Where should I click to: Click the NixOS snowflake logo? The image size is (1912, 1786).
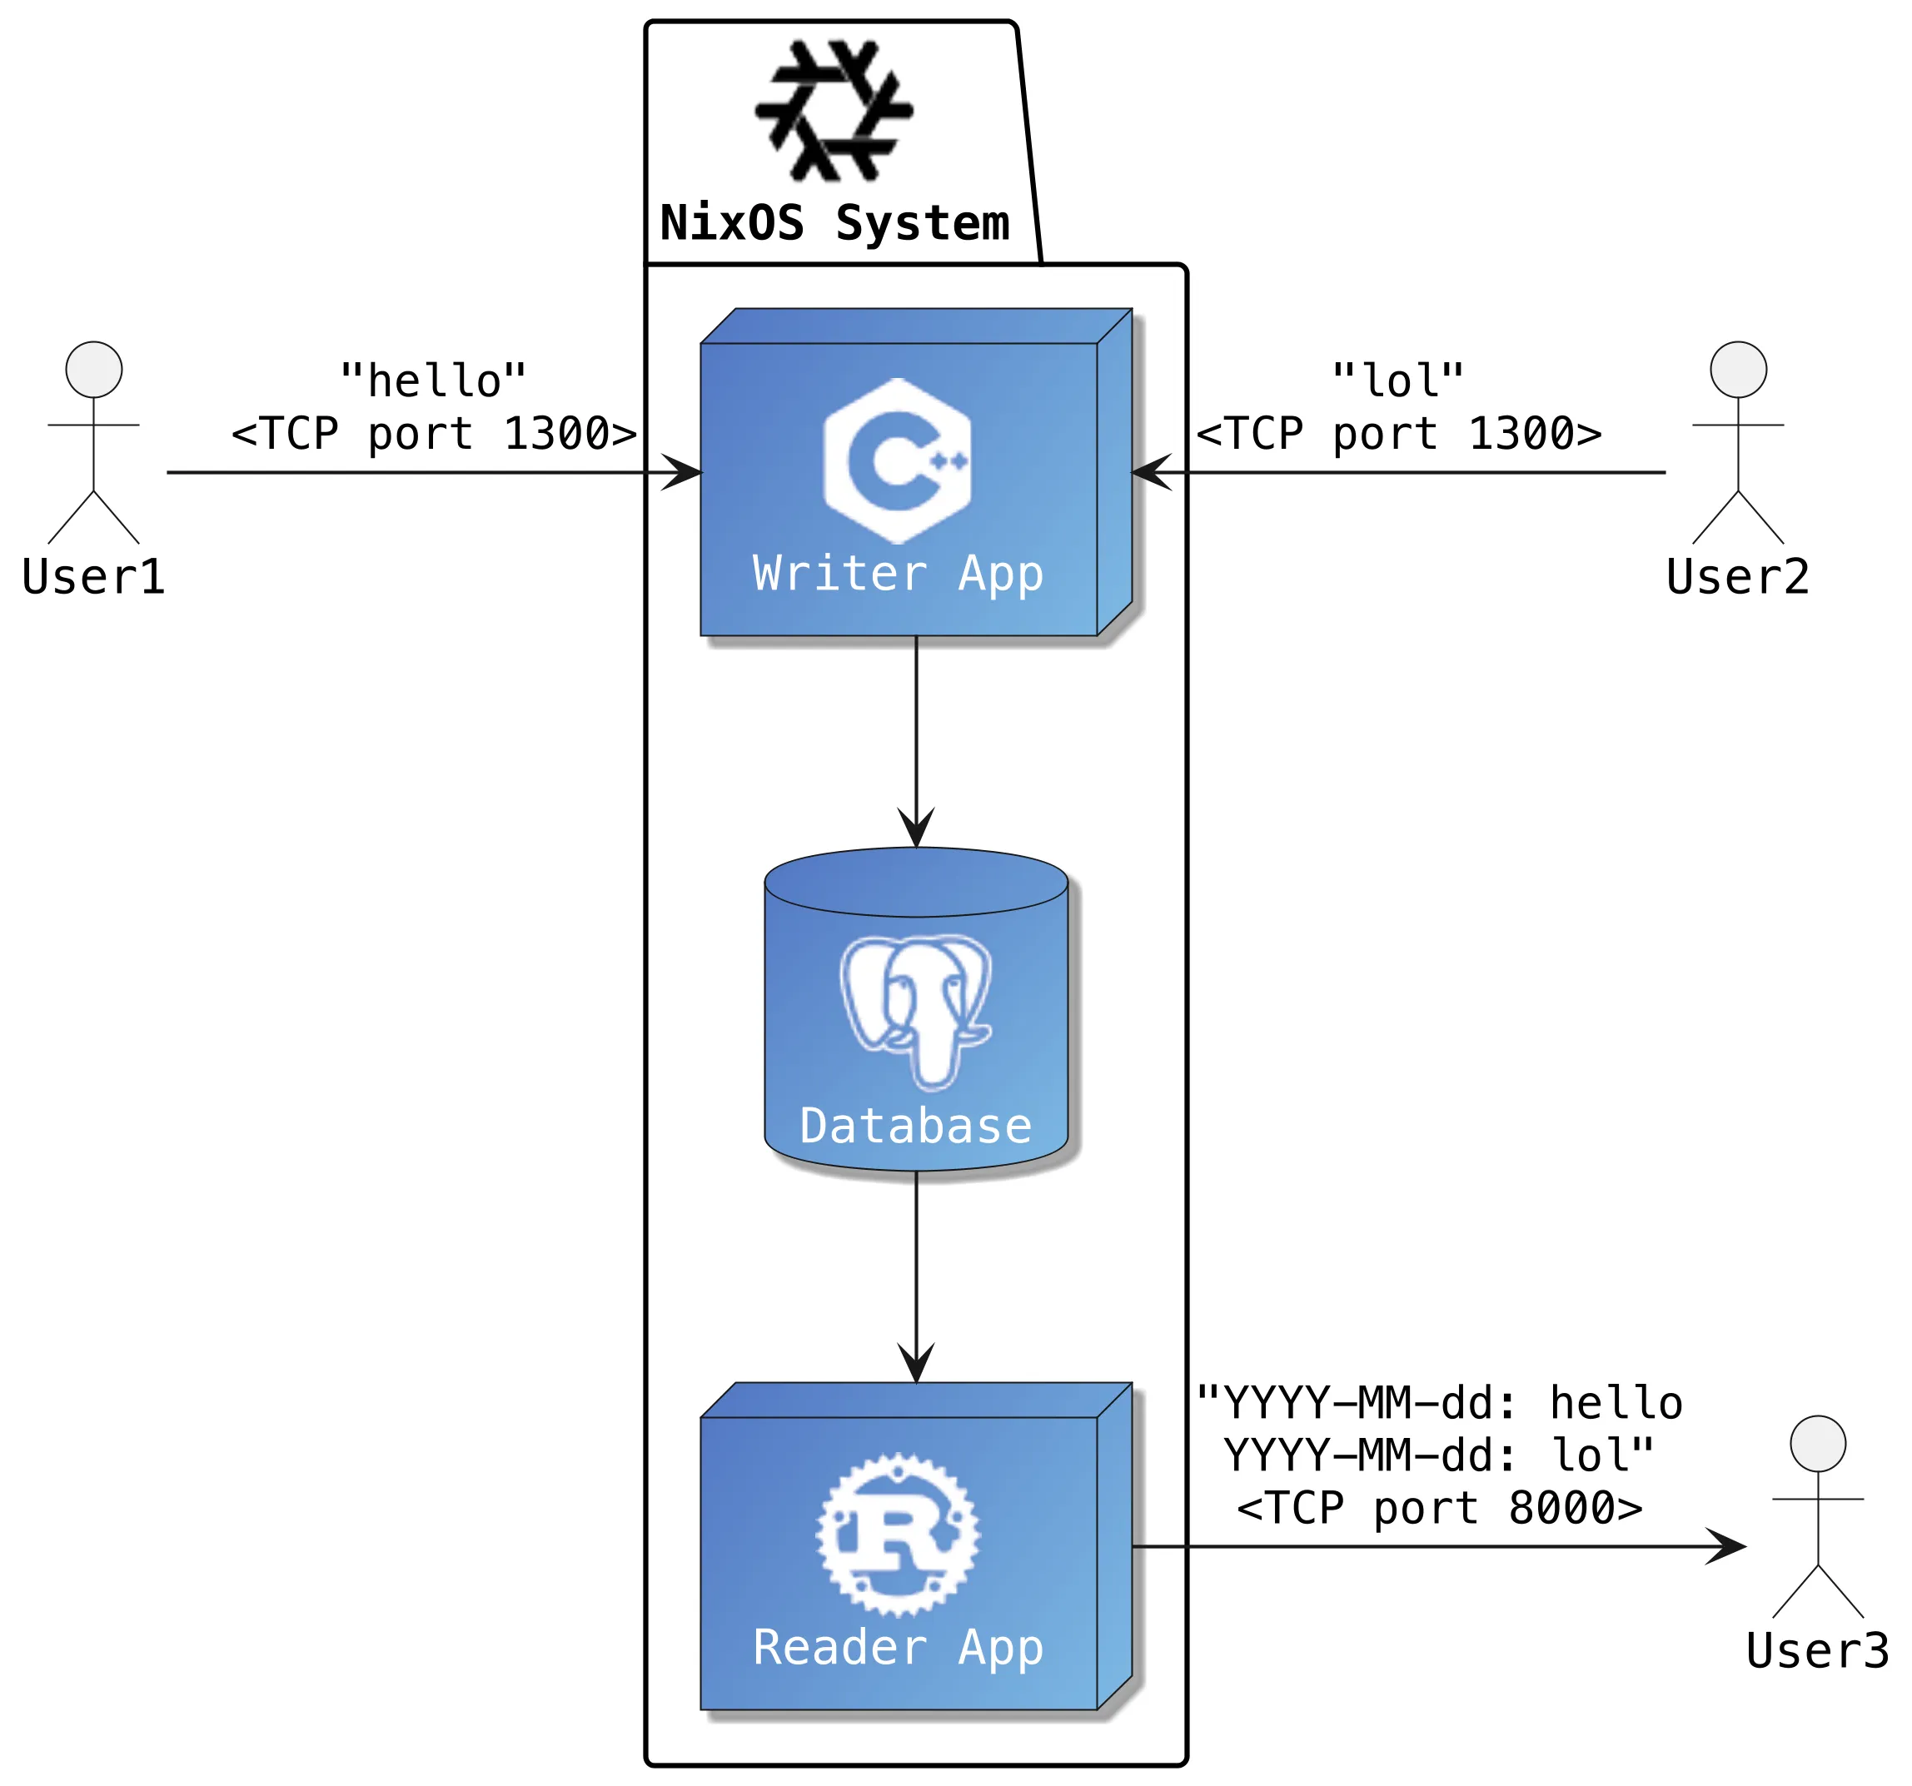click(x=834, y=111)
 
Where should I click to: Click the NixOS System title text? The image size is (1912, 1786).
click(x=834, y=223)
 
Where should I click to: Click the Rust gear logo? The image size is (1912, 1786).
click(x=898, y=1535)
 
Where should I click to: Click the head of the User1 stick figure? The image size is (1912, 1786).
click(x=93, y=370)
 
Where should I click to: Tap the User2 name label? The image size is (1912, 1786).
click(x=1738, y=577)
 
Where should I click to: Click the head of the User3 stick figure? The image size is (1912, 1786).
click(x=1818, y=1444)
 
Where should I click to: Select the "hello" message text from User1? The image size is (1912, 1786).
click(x=433, y=381)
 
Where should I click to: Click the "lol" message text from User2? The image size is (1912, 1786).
click(x=1397, y=381)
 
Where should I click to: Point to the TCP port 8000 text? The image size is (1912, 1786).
click(x=1439, y=1508)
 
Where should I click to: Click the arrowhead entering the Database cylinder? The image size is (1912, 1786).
click(x=915, y=829)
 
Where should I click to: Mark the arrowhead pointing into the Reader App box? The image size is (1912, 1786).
click(x=915, y=1364)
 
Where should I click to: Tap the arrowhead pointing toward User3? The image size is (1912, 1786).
click(x=1726, y=1546)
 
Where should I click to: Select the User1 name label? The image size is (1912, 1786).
click(x=93, y=577)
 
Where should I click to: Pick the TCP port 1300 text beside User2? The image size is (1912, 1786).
click(x=1398, y=434)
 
